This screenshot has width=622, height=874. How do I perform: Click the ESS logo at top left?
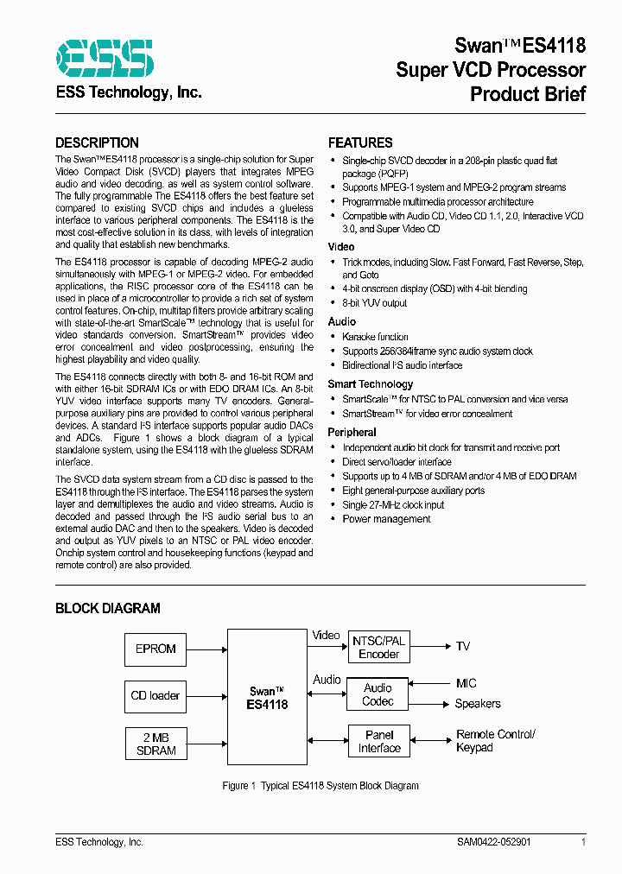pos(105,58)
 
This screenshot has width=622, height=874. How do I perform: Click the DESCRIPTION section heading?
pos(97,142)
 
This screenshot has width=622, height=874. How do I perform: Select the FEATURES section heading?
pos(360,142)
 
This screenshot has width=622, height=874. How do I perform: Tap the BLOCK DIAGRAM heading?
pos(107,608)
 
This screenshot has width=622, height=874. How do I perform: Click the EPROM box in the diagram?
pos(155,649)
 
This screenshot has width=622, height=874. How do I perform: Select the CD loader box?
pos(155,695)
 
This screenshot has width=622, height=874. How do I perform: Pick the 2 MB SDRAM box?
pos(155,744)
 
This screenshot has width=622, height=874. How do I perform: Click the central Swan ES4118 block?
pos(268,697)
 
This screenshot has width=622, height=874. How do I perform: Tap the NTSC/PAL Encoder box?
pos(378,647)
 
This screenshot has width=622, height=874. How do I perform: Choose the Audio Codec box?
pos(378,694)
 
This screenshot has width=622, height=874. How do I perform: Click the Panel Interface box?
pos(379,742)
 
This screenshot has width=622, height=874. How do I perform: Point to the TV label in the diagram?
pos(463,646)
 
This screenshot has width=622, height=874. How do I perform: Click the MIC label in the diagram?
pos(466,683)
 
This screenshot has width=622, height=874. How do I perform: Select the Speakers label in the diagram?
pos(478,704)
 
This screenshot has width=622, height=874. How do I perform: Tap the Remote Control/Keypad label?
pos(495,740)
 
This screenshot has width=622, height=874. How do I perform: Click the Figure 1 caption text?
pos(320,785)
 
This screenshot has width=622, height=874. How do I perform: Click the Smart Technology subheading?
pos(370,384)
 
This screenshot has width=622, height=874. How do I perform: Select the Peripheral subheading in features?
pos(352,432)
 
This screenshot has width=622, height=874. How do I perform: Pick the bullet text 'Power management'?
pos(386,519)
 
